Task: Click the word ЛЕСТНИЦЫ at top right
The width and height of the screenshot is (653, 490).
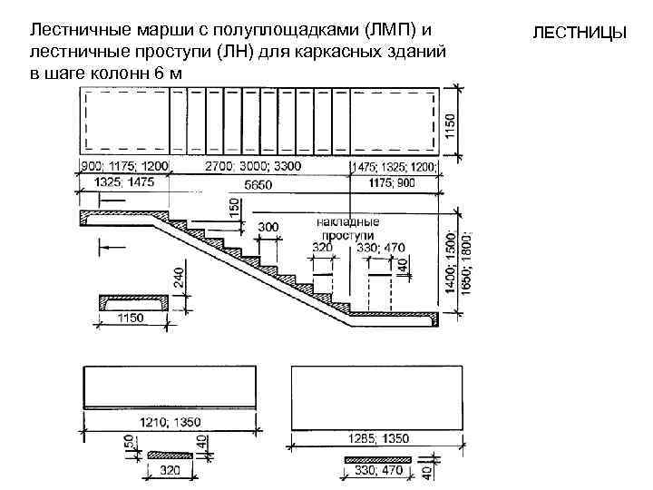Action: point(580,34)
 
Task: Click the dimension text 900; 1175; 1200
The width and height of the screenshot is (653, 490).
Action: point(124,168)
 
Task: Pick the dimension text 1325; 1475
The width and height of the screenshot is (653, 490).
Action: point(124,182)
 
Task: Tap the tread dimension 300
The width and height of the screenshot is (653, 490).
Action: point(269,225)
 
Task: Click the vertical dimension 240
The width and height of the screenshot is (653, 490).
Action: point(179,278)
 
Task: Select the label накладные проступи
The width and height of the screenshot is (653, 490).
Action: point(348,227)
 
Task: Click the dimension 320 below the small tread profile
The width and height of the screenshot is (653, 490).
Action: point(170,470)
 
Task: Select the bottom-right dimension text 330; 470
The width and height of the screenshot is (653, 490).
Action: point(378,471)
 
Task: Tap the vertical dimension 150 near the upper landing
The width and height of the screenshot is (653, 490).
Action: point(235,208)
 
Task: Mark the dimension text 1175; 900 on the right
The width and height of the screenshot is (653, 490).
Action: point(394,183)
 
